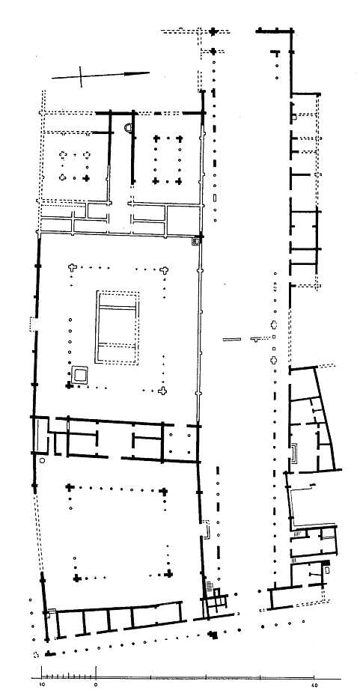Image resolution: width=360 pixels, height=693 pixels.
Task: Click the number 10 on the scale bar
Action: pyautogui.click(x=42, y=684)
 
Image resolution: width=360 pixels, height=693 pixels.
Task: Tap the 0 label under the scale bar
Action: pyautogui.click(x=96, y=684)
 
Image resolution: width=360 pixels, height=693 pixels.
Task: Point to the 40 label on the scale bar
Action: pyautogui.click(x=314, y=684)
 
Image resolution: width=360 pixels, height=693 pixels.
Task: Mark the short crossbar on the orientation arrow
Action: pyautogui.click(x=81, y=77)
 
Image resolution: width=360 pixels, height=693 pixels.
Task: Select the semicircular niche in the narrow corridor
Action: pyautogui.click(x=128, y=128)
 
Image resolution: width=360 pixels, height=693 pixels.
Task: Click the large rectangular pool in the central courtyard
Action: pyautogui.click(x=118, y=328)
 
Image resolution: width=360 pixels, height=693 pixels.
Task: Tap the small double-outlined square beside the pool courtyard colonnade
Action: pyautogui.click(x=80, y=375)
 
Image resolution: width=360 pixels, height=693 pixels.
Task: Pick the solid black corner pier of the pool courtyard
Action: pyautogui.click(x=69, y=386)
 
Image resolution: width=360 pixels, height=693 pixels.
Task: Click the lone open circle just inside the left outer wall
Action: pyautogui.click(x=42, y=460)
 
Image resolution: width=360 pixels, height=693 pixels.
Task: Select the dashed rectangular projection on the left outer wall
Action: pyautogui.click(x=32, y=323)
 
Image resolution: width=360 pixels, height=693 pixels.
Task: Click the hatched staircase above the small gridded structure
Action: pyautogui.click(x=208, y=587)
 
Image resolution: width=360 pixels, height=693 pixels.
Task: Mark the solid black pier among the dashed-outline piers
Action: pyautogui.click(x=87, y=178)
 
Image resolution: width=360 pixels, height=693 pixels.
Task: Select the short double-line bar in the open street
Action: pyautogui.click(x=232, y=340)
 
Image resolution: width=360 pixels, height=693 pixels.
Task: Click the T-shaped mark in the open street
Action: pyautogui.click(x=257, y=340)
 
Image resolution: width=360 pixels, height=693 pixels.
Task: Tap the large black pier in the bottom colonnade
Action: pyautogui.click(x=213, y=635)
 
